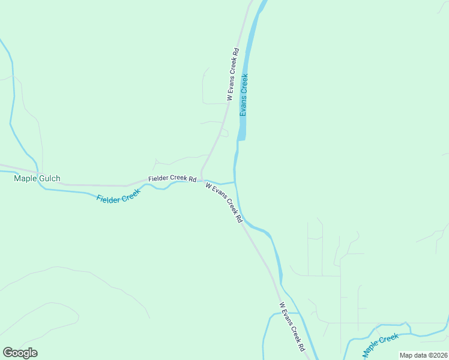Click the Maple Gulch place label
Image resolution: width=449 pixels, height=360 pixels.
[x=37, y=179]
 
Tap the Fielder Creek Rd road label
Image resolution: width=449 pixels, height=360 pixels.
[x=173, y=179]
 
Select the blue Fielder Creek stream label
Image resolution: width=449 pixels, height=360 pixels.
[x=118, y=195]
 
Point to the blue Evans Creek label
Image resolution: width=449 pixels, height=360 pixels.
[x=244, y=95]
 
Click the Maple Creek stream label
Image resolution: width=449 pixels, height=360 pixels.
[x=381, y=343]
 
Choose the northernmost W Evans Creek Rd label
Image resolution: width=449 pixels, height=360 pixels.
[x=233, y=74]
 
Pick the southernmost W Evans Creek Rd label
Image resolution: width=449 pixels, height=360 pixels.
[x=292, y=326]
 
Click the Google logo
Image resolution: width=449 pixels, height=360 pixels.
[x=20, y=353]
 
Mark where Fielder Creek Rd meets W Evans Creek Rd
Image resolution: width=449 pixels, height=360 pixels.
[x=201, y=179]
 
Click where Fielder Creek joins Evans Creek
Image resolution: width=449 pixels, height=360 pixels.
[x=235, y=182]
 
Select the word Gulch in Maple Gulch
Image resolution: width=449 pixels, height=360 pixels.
[x=49, y=179]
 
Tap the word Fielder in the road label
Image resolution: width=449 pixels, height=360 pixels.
[x=158, y=179]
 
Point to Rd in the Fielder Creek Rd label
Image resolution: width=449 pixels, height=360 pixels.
[x=193, y=179]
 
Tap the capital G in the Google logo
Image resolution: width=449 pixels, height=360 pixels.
[x=8, y=353]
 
